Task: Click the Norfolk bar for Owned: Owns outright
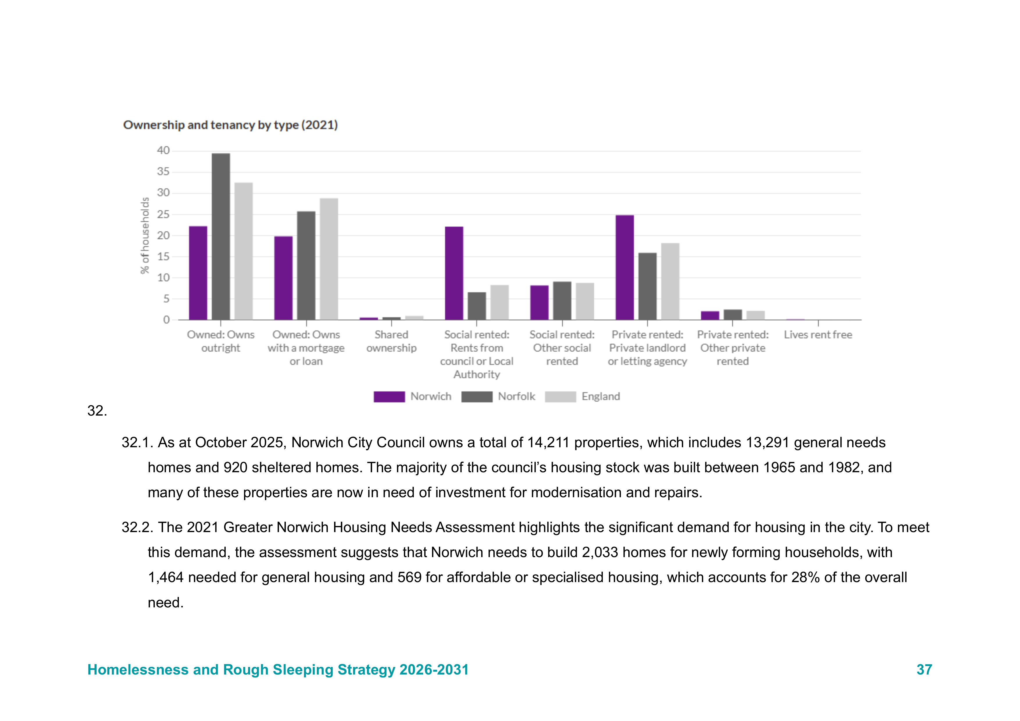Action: [x=221, y=237]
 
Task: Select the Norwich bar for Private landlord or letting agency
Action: [x=625, y=267]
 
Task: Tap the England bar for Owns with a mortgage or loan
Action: [x=329, y=259]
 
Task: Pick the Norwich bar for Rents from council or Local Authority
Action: [x=454, y=273]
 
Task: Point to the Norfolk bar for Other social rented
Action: [x=562, y=300]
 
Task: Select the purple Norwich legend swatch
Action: [x=389, y=396]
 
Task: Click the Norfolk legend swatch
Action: [x=477, y=396]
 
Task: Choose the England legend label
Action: [x=601, y=396]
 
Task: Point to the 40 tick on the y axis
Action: [x=163, y=151]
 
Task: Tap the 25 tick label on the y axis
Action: [x=163, y=214]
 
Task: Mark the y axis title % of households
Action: [x=145, y=235]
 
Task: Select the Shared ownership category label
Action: [x=391, y=341]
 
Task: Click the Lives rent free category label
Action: [x=818, y=335]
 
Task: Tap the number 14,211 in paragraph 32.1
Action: [x=548, y=443]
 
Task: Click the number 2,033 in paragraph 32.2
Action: [x=600, y=552]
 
